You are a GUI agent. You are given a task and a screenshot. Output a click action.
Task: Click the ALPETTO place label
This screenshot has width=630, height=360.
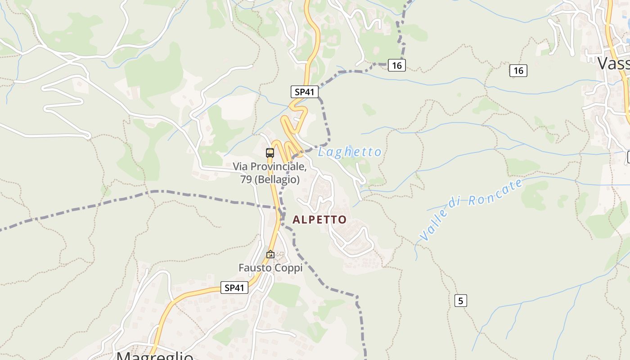click(319, 220)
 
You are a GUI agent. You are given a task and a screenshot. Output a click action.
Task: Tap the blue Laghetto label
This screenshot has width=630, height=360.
click(350, 152)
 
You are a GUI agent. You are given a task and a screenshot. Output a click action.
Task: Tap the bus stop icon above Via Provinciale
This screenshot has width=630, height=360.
click(270, 153)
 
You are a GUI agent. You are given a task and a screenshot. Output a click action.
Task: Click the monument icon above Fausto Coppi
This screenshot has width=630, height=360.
click(270, 255)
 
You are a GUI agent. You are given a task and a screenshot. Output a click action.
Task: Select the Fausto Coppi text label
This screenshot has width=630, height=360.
click(270, 268)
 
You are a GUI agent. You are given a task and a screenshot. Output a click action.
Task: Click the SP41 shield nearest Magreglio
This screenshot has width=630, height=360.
click(234, 288)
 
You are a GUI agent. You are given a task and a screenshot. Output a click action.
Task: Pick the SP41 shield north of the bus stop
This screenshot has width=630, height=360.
click(304, 92)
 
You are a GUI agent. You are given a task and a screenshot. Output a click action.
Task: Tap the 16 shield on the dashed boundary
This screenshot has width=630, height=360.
click(396, 66)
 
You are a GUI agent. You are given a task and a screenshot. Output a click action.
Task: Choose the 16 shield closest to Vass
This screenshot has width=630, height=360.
click(518, 71)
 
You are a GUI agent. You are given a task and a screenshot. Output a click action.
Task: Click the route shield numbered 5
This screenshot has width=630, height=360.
click(460, 301)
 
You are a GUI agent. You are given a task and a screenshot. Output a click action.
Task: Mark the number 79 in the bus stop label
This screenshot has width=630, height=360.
click(246, 180)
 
